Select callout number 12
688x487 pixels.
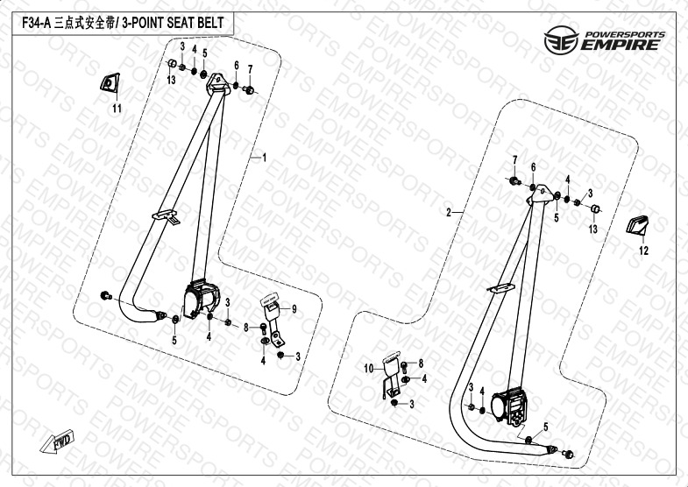point(642,251)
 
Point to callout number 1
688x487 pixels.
point(262,158)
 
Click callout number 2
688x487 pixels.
point(449,213)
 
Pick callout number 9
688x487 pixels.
point(295,308)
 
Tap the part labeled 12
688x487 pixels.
point(636,226)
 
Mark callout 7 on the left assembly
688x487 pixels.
point(250,69)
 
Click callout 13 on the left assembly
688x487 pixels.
point(172,81)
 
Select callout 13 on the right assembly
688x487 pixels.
point(593,229)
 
